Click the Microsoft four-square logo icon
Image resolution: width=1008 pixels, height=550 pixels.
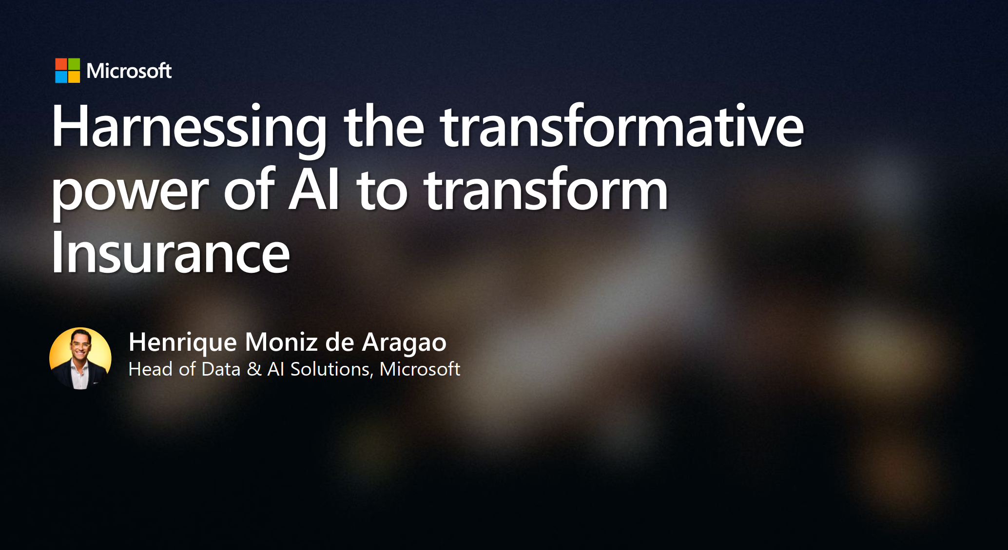click(67, 71)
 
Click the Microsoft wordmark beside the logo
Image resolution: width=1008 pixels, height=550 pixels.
click(129, 71)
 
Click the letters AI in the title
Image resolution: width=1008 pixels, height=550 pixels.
click(314, 190)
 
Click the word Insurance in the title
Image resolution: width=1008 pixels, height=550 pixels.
click(171, 252)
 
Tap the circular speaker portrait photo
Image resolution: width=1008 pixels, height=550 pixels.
click(80, 358)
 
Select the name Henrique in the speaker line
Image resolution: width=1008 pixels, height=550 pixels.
click(183, 343)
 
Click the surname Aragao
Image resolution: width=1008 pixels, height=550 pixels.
click(404, 343)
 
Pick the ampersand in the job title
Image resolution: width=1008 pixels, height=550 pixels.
click(254, 369)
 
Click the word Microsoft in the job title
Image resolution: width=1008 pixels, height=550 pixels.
click(420, 369)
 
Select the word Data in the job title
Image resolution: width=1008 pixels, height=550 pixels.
click(221, 369)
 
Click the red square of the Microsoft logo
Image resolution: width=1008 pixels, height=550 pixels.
click(61, 64)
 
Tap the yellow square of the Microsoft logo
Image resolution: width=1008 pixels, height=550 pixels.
click(74, 77)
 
